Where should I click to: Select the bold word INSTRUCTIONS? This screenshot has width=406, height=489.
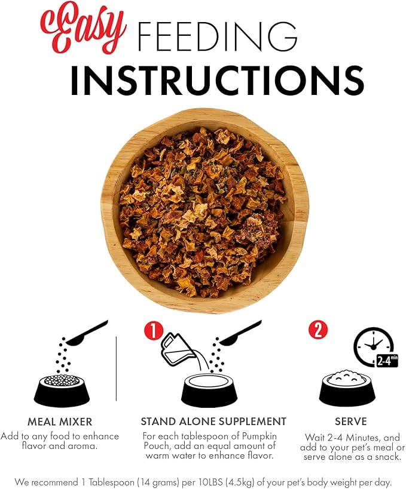pyautogui.click(x=218, y=80)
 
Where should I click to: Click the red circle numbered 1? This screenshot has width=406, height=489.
pyautogui.click(x=153, y=331)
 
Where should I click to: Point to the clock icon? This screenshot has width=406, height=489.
pyautogui.click(x=373, y=346)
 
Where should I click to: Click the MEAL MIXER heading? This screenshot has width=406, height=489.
pyautogui.click(x=60, y=422)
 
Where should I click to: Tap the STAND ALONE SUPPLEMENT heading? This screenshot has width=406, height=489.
pyautogui.click(x=213, y=422)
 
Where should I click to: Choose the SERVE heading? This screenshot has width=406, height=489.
pyautogui.click(x=351, y=422)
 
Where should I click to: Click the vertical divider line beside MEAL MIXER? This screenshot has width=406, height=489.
pyautogui.click(x=116, y=368)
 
